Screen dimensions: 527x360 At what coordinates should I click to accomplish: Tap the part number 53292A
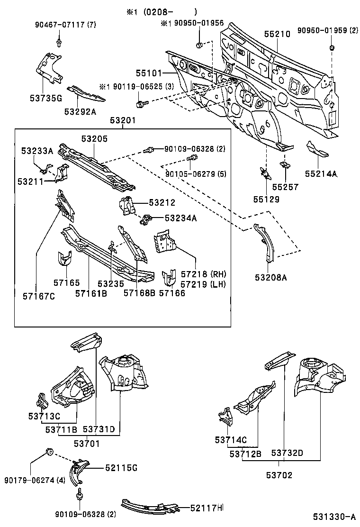pos(80,111)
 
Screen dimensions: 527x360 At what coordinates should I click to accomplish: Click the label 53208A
pos(271,277)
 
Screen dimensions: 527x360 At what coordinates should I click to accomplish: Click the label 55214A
pos(321,174)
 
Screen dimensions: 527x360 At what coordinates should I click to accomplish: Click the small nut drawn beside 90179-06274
pos(48,450)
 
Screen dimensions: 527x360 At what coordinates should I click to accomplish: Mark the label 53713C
pos(44,416)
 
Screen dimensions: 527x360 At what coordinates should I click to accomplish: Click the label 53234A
pos(180,218)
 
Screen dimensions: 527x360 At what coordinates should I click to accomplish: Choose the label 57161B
pos(90,294)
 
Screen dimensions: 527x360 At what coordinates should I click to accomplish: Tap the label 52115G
pos(120,468)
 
